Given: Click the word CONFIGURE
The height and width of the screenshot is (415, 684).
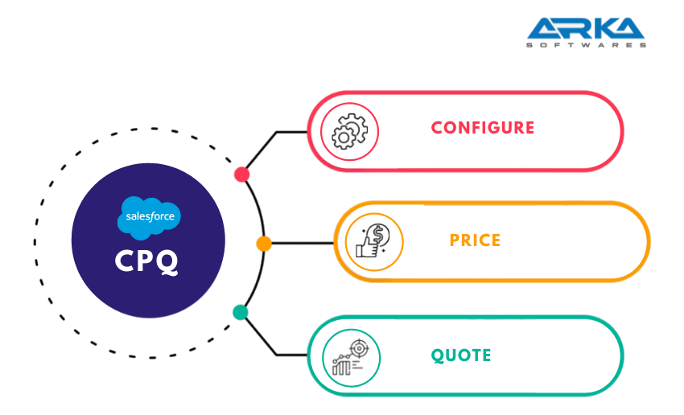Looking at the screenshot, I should [482, 127].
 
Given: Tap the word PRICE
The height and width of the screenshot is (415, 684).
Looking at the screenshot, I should [475, 240].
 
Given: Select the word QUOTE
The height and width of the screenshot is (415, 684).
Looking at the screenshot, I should [461, 355].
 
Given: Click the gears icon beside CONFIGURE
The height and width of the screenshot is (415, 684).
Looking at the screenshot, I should [350, 130].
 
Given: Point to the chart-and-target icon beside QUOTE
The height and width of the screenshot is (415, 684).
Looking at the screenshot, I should [351, 356].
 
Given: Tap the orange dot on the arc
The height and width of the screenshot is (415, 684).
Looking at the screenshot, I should [263, 243].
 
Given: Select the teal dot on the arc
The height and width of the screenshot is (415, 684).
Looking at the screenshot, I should [240, 312].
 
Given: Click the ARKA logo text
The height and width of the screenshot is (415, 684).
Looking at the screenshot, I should [586, 28].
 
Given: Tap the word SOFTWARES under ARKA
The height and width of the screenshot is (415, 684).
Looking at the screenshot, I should [586, 45].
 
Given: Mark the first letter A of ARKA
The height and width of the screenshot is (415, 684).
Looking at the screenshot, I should [544, 28].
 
